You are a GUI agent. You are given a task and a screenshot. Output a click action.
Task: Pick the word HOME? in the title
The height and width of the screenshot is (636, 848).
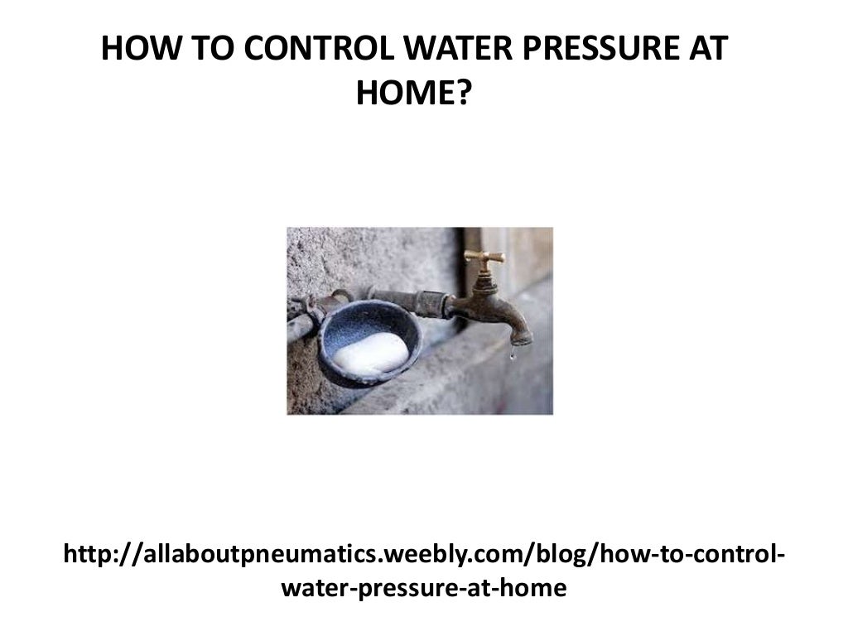point(413,95)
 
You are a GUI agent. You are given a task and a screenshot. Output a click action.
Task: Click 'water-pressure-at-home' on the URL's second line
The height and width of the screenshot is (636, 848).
point(424,589)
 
